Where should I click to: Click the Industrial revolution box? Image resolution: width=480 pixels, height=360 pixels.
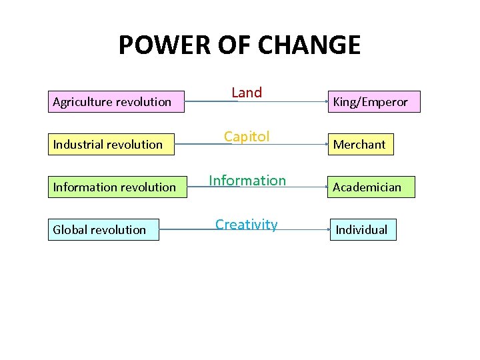[111, 144]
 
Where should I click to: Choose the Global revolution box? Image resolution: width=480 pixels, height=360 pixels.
[103, 229]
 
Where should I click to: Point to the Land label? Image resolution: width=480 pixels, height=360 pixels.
[247, 93]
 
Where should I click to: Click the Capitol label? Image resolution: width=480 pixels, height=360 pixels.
[247, 137]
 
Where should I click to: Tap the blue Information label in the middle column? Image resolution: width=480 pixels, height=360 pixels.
[247, 180]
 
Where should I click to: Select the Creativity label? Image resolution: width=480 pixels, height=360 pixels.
[247, 224]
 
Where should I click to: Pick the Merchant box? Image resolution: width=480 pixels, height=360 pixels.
[360, 144]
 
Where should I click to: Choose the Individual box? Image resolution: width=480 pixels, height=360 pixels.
[362, 229]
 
